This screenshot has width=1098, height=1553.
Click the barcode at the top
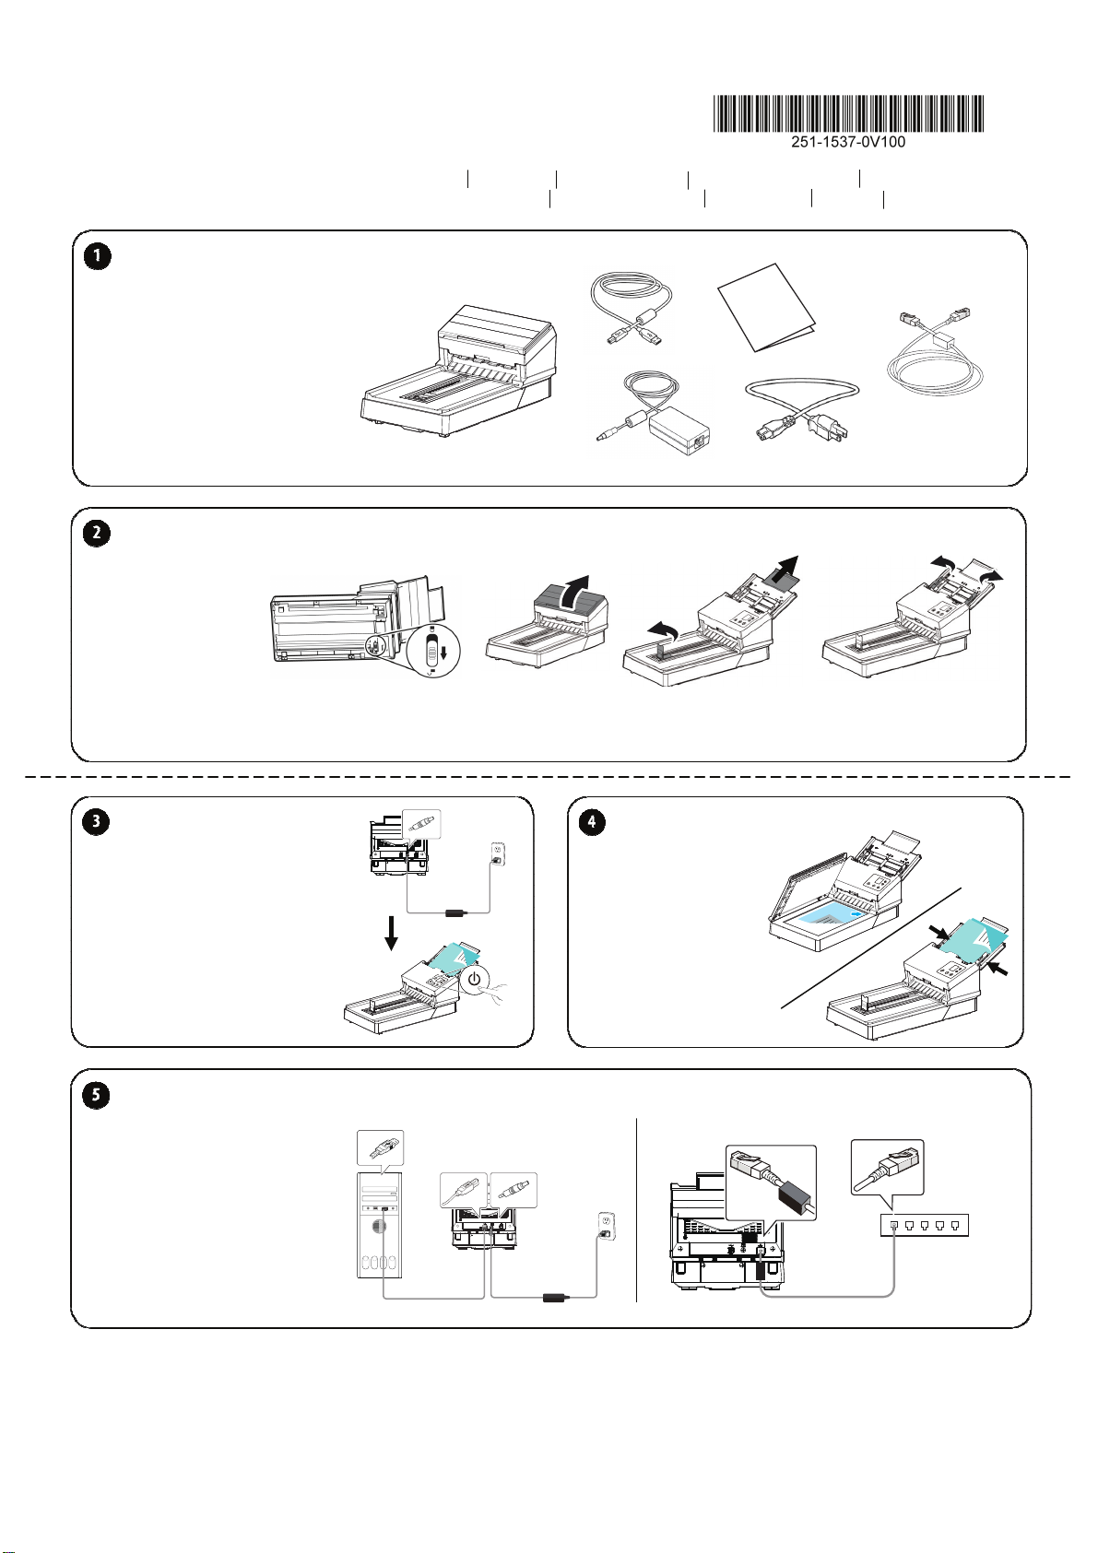coord(848,113)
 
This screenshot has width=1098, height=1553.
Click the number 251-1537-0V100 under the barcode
coord(848,142)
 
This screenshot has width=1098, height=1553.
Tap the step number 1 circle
coord(98,256)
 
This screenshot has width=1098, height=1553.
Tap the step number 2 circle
coord(97,533)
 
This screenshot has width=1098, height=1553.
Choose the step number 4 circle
coord(592,822)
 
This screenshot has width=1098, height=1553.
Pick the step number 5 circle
coord(96,1096)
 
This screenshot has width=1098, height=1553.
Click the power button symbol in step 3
coord(475,981)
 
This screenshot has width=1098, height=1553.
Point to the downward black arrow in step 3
coord(391,934)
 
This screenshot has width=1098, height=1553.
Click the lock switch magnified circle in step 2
coord(432,651)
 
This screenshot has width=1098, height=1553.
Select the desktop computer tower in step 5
coord(380,1225)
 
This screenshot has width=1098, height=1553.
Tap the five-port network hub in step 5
coord(924,1226)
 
